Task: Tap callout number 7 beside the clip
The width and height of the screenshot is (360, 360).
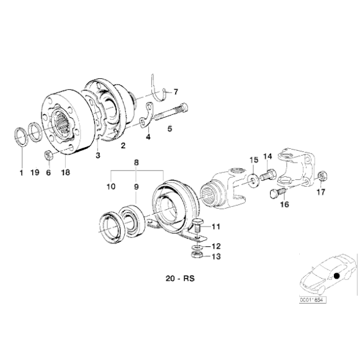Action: (175, 91)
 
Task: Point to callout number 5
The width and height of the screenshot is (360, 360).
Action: (169, 130)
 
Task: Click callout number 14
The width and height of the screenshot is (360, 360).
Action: (268, 156)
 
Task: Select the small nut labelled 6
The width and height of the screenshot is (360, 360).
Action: (48, 154)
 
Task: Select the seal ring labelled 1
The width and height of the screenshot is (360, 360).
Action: (20, 137)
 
